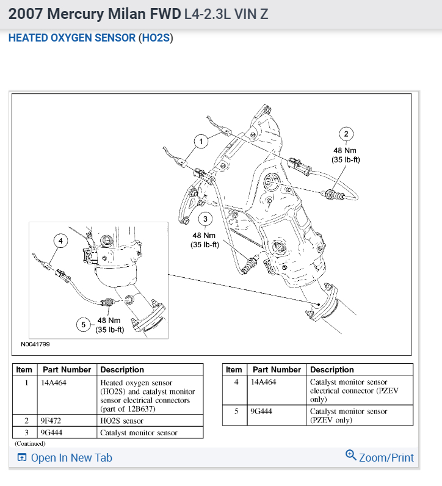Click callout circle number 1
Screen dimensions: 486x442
pos(200,142)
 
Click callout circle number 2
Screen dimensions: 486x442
pos(346,135)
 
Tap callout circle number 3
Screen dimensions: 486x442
pos(205,219)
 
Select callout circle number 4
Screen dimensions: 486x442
pos(60,241)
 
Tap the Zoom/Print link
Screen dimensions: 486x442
pos(379,457)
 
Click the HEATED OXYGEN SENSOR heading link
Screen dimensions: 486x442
pos(72,38)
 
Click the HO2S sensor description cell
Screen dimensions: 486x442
pos(121,421)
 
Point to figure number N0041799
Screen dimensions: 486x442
pos(35,344)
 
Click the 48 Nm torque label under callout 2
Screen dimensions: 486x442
pos(346,150)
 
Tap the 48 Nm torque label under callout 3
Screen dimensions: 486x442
pos(205,235)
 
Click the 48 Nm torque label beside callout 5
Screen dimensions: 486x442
pos(110,321)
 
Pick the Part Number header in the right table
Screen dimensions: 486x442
pos(277,369)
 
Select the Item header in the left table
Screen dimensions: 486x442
pos(24,369)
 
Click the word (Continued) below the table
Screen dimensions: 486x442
pos(30,443)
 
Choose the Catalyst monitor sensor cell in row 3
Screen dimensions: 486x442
pos(139,432)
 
